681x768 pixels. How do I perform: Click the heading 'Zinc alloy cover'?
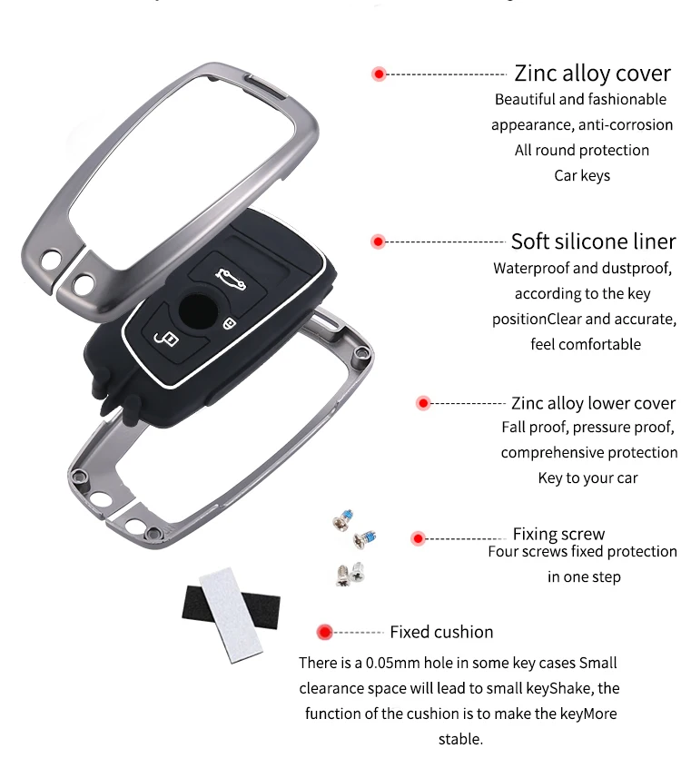(593, 74)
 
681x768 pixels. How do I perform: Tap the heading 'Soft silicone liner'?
(593, 241)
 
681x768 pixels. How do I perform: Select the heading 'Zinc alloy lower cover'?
(593, 403)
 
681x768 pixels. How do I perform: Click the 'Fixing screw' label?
(558, 534)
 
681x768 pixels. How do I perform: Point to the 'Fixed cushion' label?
(441, 632)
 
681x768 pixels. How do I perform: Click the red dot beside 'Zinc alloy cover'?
(379, 74)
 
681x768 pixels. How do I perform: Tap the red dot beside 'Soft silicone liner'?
(379, 241)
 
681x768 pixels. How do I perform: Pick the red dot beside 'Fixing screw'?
(418, 538)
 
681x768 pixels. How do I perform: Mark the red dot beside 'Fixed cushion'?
(323, 632)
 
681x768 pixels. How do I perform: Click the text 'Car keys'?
(582, 175)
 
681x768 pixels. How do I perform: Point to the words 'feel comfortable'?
(586, 344)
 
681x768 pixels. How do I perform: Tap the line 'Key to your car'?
(587, 478)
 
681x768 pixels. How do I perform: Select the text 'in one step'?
(584, 576)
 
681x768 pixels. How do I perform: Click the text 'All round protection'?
(582, 150)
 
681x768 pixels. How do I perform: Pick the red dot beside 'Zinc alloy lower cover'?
(422, 403)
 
